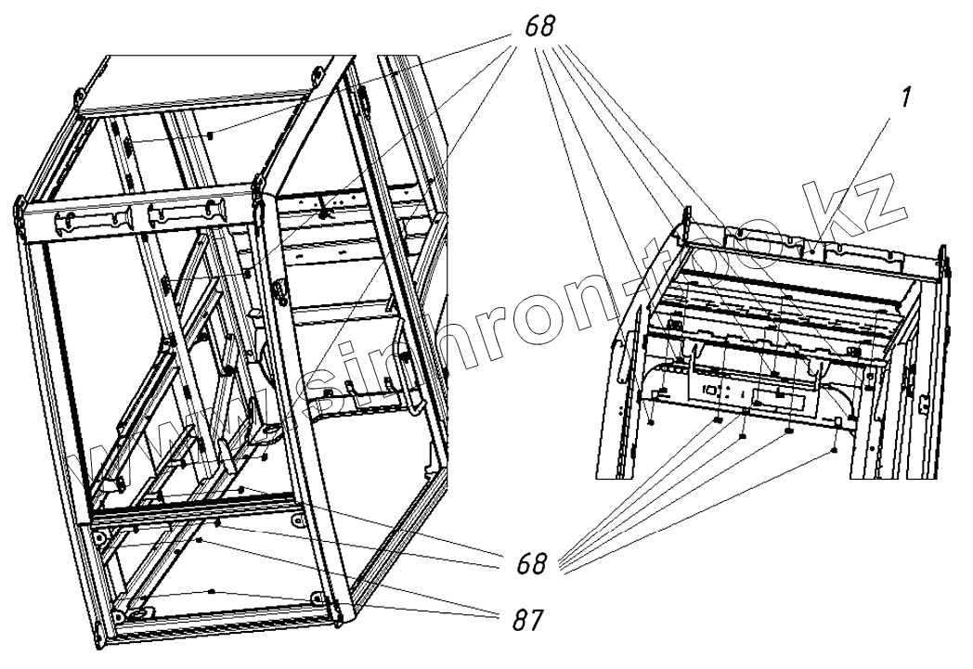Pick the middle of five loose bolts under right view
click(743, 436)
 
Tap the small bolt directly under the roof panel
click(213, 135)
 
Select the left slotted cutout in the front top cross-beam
click(89, 220)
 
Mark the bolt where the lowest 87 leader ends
click(214, 591)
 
